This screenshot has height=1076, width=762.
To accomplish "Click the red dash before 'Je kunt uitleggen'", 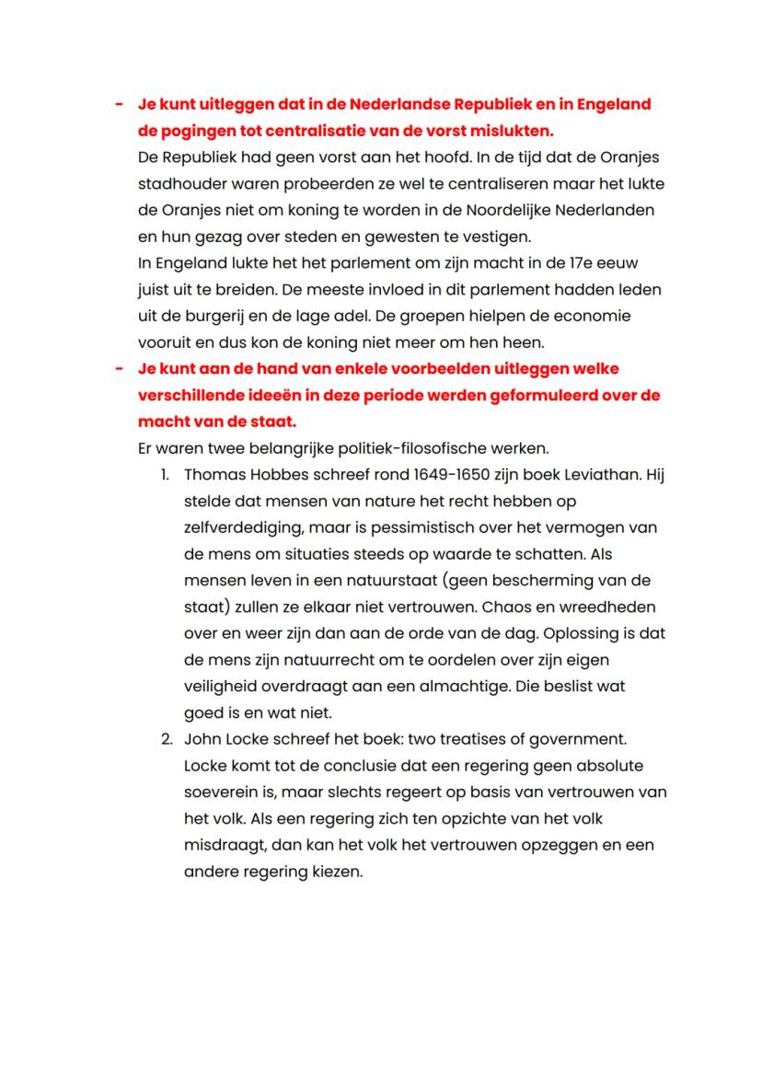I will pos(120,104).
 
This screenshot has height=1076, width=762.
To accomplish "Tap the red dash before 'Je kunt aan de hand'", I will pos(120,368).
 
